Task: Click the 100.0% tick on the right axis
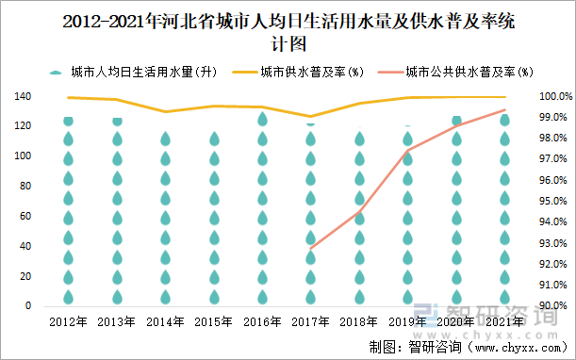(549, 97)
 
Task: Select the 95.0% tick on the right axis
(549, 202)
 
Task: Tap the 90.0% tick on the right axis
(549, 306)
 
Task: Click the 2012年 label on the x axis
(69, 321)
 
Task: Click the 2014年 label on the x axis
(165, 321)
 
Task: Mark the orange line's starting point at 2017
(311, 248)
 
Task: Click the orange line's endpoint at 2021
(504, 110)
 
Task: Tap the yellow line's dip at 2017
(311, 117)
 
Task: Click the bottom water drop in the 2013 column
(117, 296)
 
